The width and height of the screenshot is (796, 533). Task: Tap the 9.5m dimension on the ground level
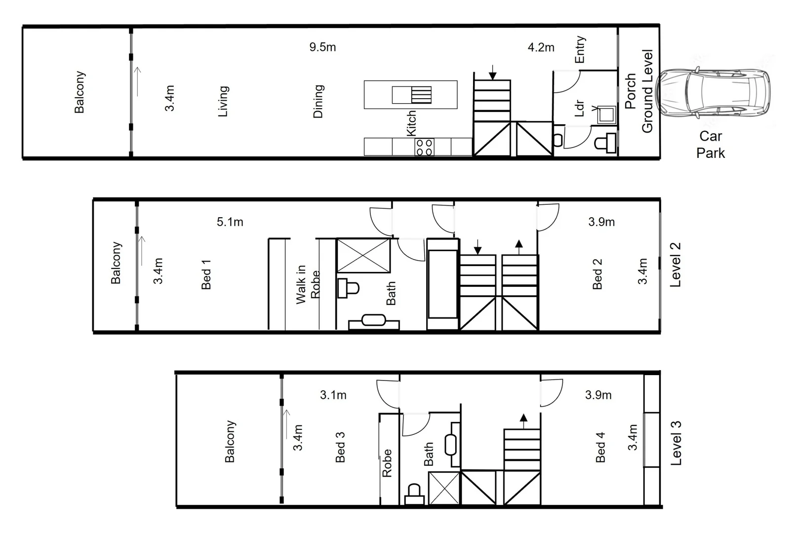click(x=322, y=47)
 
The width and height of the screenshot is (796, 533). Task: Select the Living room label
click(x=223, y=101)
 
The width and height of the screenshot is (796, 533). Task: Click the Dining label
click(x=318, y=101)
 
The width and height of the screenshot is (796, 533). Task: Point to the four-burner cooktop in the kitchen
click(x=424, y=147)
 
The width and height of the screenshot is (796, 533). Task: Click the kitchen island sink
click(x=412, y=95)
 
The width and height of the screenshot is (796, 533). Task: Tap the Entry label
click(x=580, y=49)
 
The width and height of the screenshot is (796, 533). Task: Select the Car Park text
click(x=711, y=145)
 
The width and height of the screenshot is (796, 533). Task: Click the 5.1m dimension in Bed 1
click(x=230, y=222)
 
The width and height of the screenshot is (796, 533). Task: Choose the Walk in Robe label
click(x=308, y=285)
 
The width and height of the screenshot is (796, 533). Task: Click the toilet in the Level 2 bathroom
click(x=348, y=288)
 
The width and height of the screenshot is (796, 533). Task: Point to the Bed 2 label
click(x=597, y=273)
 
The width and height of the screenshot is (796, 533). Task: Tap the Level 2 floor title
click(x=675, y=265)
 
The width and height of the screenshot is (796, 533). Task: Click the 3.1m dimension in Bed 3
click(x=333, y=395)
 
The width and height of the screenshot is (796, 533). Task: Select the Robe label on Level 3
click(x=387, y=463)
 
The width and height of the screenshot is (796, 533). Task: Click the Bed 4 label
click(x=600, y=447)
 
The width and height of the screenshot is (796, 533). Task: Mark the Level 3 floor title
click(x=676, y=443)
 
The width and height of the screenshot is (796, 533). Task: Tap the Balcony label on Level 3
click(x=230, y=441)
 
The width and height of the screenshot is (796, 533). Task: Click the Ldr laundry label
click(x=580, y=109)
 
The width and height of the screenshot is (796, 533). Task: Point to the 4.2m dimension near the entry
click(x=541, y=47)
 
